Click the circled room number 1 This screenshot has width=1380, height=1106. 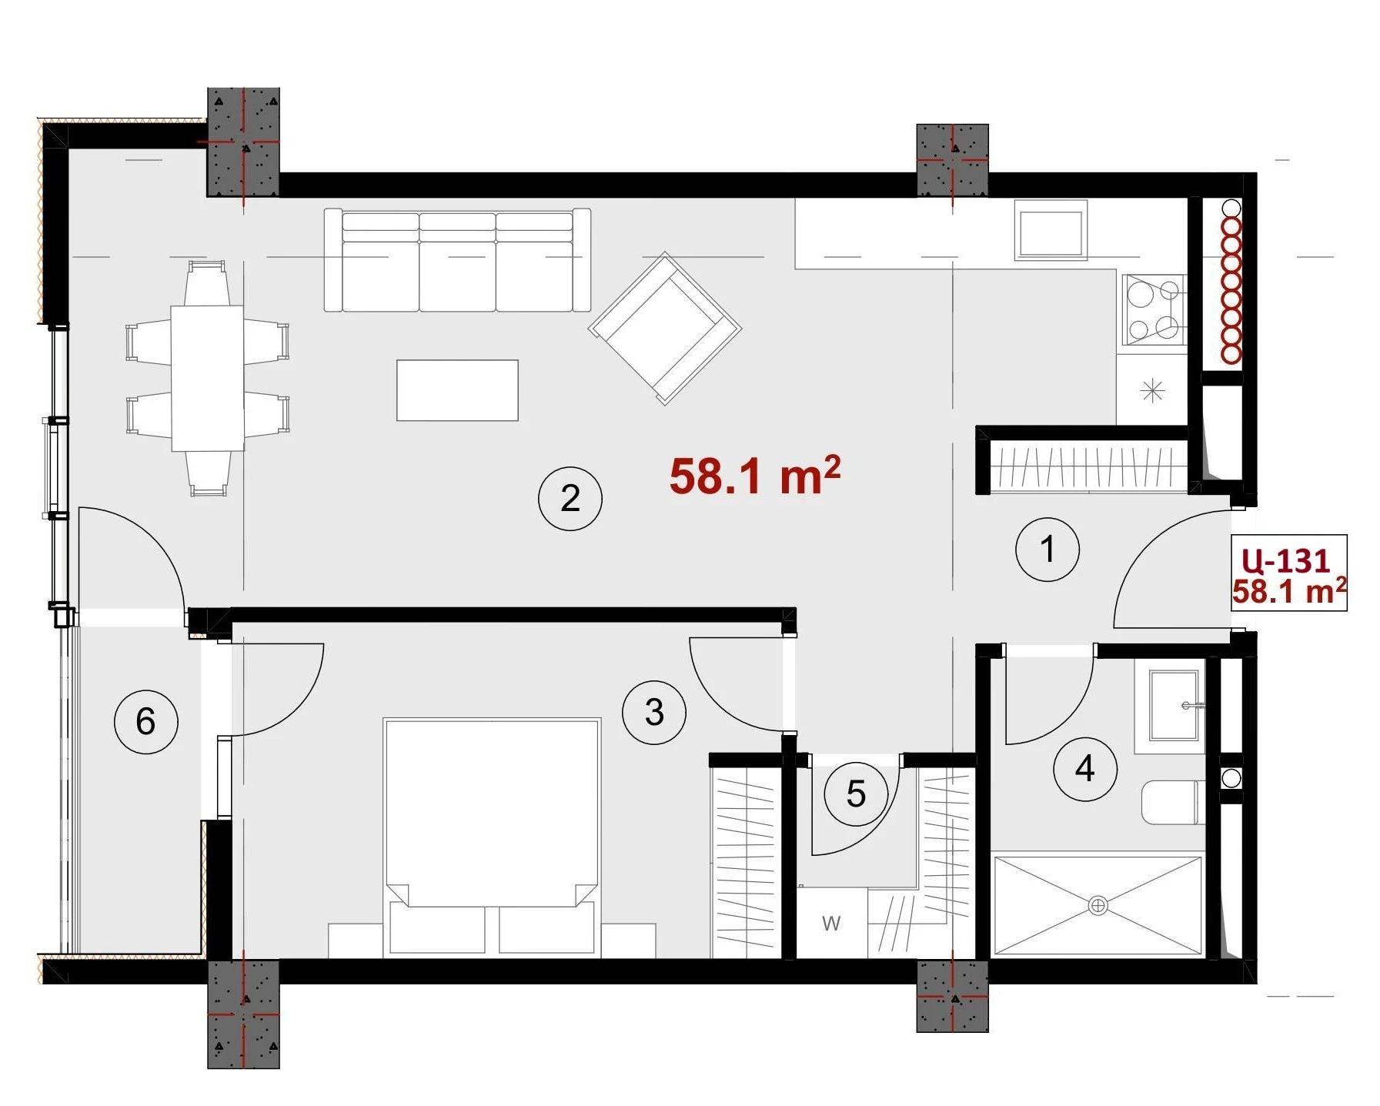pos(1048,550)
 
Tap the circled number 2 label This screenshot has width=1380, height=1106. pos(570,499)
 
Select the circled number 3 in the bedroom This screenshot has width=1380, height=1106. pos(654,712)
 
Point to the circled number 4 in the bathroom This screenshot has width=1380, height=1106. pos(1085,768)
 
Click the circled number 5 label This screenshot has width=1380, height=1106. pos(856,794)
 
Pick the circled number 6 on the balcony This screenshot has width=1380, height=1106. pos(145,722)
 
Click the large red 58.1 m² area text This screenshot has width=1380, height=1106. pos(754,476)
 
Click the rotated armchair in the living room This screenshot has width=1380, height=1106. pos(665,328)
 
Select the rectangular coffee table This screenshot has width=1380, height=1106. pos(457,390)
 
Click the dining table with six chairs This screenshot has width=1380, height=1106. pos(208,378)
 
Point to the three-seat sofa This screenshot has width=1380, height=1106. pos(457,260)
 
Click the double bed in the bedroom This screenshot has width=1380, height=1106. pos(492,837)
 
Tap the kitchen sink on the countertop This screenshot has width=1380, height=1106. pos(1051,229)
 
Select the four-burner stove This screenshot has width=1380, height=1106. pos(1153,309)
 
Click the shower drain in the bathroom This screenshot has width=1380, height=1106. pos(1098,906)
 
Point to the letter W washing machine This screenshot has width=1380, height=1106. pos(831,923)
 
